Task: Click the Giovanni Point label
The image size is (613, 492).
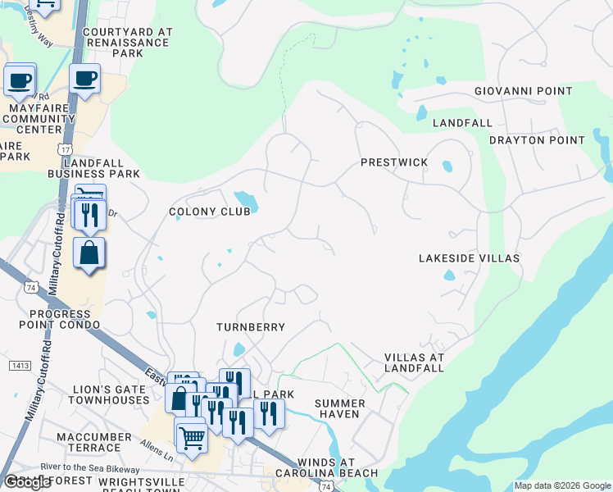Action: tap(523, 91)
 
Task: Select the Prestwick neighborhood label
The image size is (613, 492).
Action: tap(394, 162)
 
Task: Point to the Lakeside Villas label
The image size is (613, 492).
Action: tap(469, 258)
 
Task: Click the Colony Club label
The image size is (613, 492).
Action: tap(209, 212)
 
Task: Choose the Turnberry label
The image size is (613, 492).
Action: tap(251, 327)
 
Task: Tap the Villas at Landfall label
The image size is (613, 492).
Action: tap(414, 362)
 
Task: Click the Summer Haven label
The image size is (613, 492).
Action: tap(338, 408)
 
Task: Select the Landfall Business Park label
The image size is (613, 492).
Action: tap(93, 167)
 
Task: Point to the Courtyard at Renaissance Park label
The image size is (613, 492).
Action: tap(127, 42)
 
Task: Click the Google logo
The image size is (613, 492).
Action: tap(27, 482)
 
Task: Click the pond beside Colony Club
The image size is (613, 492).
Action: tap(245, 200)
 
